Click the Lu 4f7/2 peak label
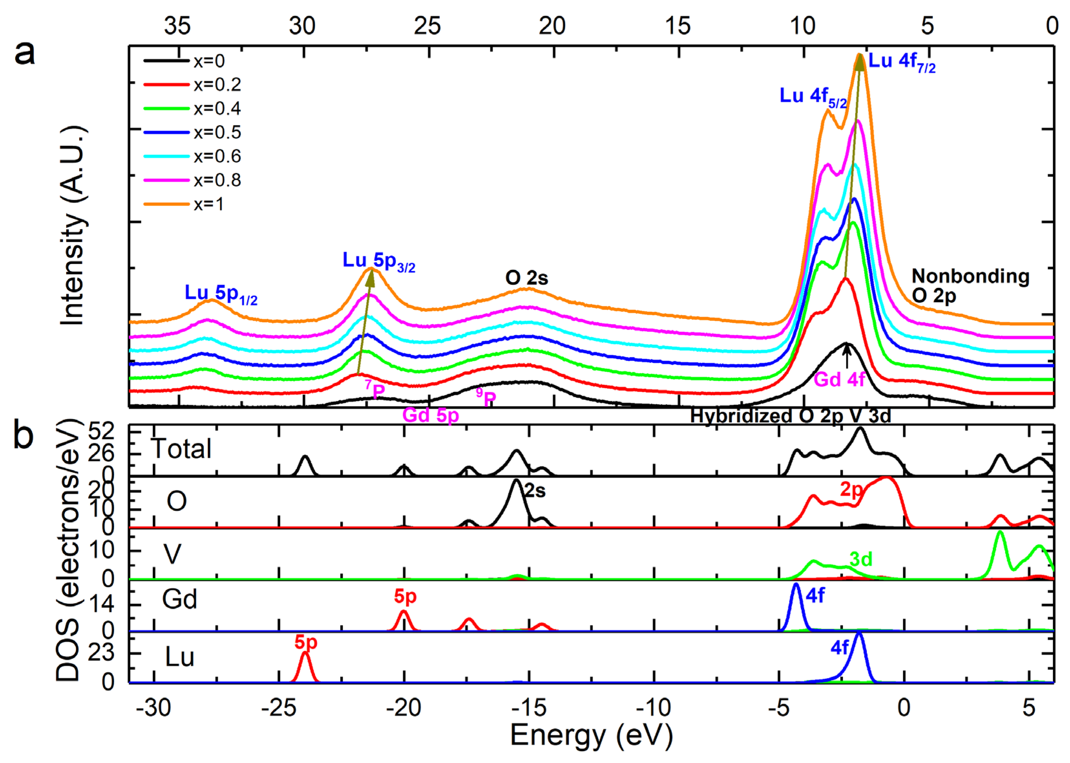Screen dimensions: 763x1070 [x=901, y=62]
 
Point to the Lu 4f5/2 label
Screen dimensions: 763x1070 [x=812, y=97]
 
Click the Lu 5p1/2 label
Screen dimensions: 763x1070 [x=220, y=294]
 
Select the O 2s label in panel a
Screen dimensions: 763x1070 [x=526, y=278]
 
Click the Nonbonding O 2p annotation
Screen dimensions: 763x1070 [x=969, y=286]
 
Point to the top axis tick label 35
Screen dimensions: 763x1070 [x=177, y=26]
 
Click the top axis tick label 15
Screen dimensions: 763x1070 [x=677, y=26]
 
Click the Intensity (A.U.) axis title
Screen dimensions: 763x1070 [x=72, y=226]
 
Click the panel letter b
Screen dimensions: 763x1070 [x=24, y=435]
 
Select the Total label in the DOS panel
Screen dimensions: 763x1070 [x=181, y=449]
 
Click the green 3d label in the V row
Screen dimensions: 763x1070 [x=861, y=559]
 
